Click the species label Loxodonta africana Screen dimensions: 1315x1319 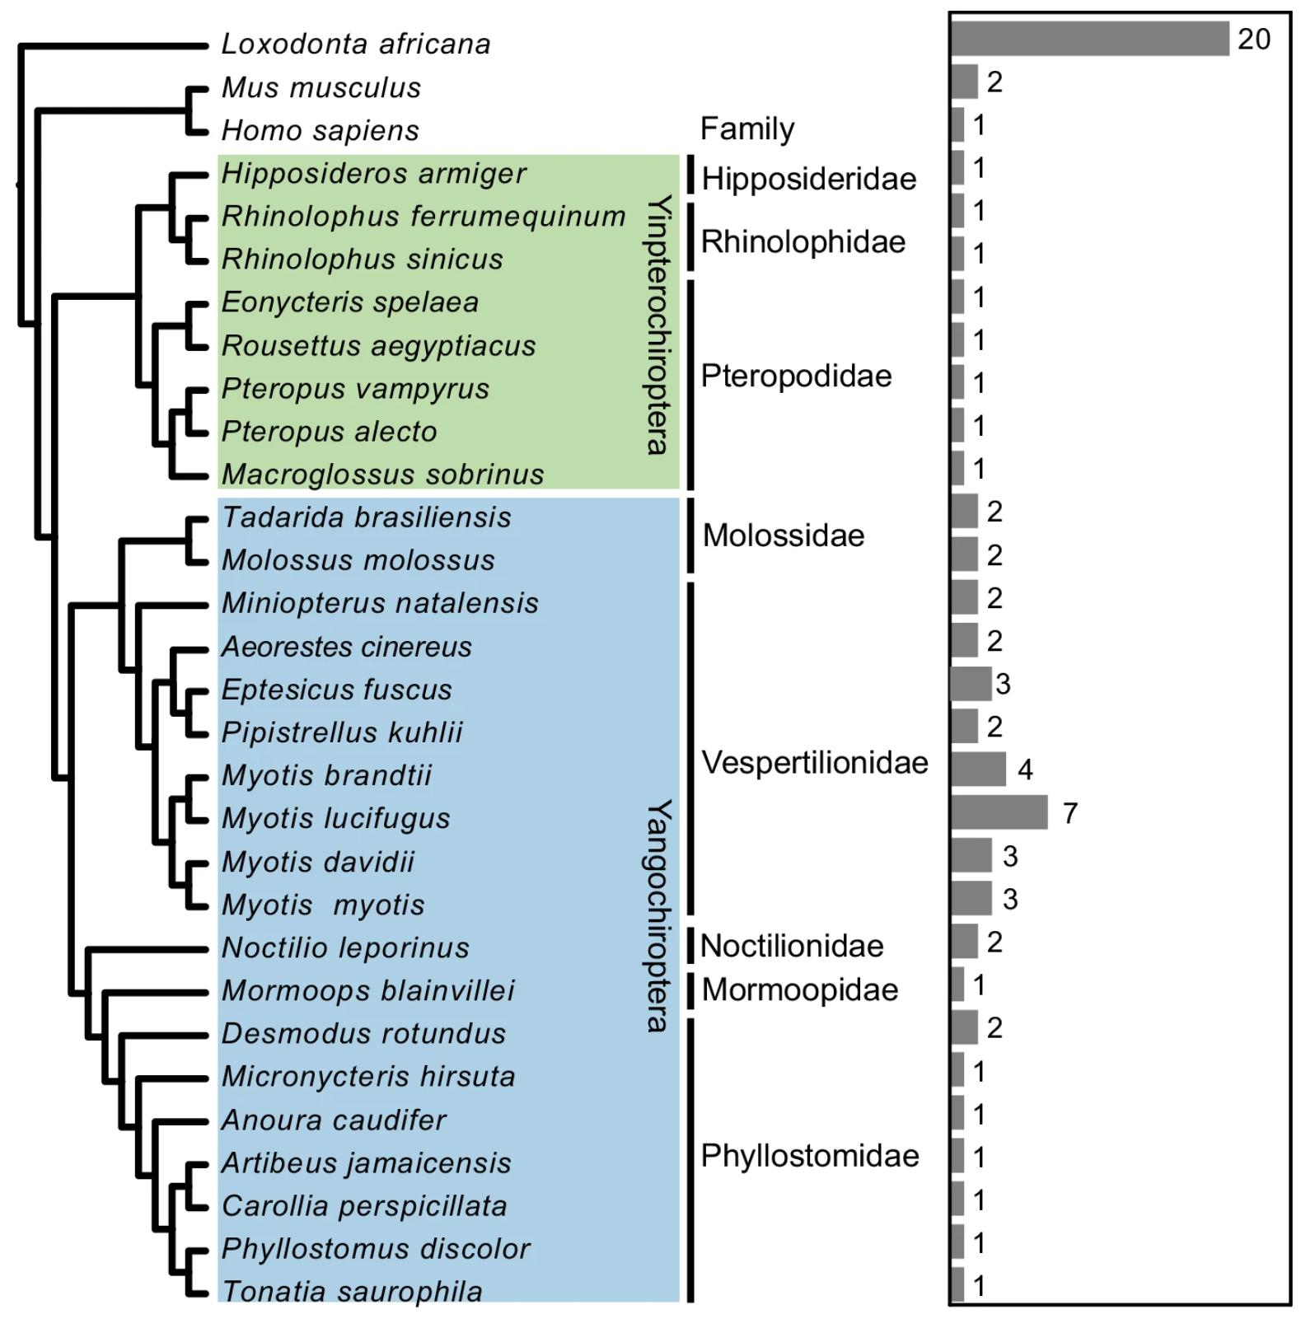[x=356, y=44]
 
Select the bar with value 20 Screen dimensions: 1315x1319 [x=1090, y=39]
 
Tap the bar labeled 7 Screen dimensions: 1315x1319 [x=999, y=812]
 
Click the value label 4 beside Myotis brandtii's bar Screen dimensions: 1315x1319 [x=1025, y=769]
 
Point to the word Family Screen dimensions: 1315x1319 [x=747, y=129]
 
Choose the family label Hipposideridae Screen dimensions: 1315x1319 [x=809, y=179]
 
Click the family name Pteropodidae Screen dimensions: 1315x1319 [x=797, y=376]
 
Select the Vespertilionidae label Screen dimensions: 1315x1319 [x=815, y=763]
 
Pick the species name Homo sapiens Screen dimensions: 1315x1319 [x=321, y=130]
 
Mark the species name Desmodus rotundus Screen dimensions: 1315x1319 [x=364, y=1033]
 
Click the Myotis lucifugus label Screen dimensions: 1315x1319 [x=336, y=818]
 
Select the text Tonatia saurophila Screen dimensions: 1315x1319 [x=353, y=1291]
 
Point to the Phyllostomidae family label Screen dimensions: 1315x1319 [x=810, y=1156]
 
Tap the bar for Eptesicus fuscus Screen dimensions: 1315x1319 [x=971, y=683]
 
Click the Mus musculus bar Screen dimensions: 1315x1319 [x=964, y=82]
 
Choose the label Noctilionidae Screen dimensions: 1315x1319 [x=792, y=946]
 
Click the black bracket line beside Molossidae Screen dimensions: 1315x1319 [x=690, y=536]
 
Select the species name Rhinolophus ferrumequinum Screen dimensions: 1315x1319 [x=424, y=216]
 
